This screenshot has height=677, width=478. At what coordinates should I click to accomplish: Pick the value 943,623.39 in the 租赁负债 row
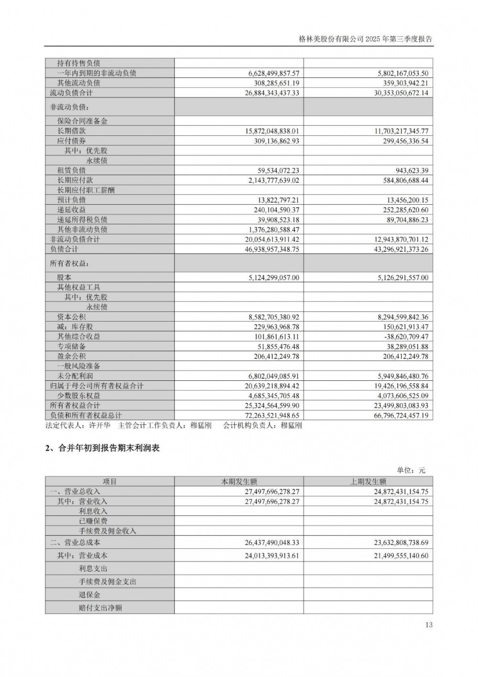pyautogui.click(x=409, y=170)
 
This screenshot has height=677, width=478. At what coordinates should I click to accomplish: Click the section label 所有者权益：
pyautogui.click(x=70, y=264)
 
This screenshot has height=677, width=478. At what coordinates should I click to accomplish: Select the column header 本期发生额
pyautogui.click(x=239, y=482)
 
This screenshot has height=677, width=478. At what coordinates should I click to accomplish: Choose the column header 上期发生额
pyautogui.click(x=368, y=482)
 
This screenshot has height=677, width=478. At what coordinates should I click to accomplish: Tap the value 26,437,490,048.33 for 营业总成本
pyautogui.click(x=272, y=543)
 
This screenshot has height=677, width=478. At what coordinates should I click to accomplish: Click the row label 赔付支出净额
pyautogui.click(x=100, y=608)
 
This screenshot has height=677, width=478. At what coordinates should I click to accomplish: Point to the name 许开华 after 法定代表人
pyautogui.click(x=99, y=425)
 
